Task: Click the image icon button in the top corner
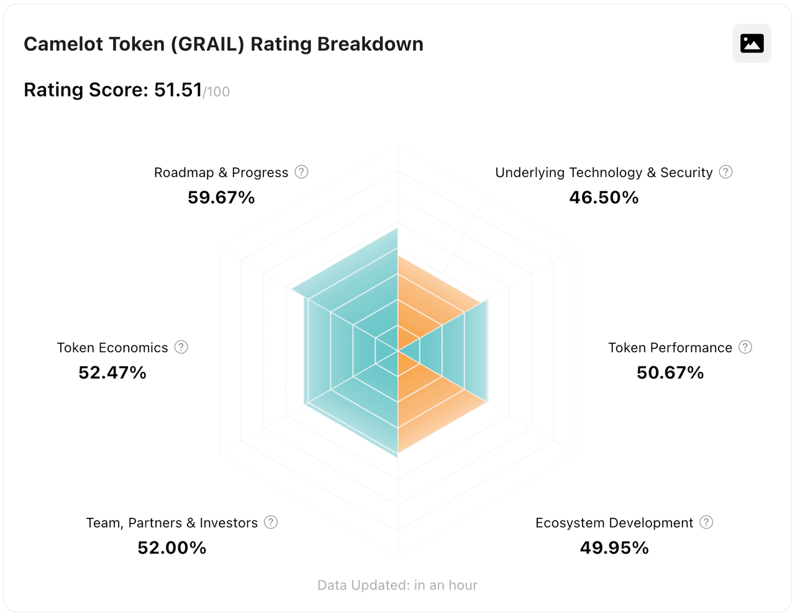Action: coord(752,43)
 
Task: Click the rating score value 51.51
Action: coord(178,90)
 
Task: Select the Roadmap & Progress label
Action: coord(221,173)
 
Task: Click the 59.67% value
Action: coord(221,197)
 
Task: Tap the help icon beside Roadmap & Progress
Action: coord(301,172)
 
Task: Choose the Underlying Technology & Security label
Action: coord(603,173)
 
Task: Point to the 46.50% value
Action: coord(604,197)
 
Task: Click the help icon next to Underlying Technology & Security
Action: coord(725,172)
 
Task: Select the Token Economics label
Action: coord(112,348)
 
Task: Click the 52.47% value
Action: coord(112,373)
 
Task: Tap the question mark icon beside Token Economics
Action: coord(181,347)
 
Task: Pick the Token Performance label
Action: coord(670,348)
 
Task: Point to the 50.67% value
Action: coord(670,373)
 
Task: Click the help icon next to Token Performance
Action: coord(745,347)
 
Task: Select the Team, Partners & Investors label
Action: coord(171,523)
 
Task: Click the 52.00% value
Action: coord(172,548)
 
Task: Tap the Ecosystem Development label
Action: coord(614,523)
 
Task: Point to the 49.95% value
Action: coord(614,548)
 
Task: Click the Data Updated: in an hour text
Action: coord(397,585)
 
